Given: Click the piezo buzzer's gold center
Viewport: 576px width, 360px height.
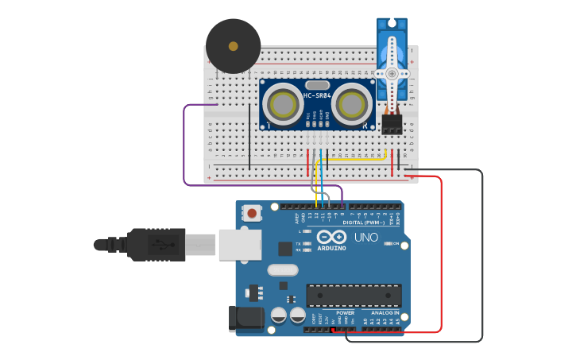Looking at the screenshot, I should [233, 46].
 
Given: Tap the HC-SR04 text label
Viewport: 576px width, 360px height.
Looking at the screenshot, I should [316, 96].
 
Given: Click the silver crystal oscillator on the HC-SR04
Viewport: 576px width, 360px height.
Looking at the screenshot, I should [316, 84].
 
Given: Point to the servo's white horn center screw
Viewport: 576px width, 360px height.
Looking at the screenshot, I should [392, 72].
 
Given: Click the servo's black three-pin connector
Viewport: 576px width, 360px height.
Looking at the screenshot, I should [392, 124].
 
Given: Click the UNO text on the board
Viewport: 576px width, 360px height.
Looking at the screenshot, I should [366, 237].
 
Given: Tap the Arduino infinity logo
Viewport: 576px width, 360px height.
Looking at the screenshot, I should [331, 236].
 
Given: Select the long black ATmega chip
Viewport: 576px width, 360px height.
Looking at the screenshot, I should [354, 295].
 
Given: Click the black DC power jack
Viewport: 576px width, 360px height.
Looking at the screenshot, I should [245, 319].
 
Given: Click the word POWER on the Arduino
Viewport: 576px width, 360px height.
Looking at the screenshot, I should [345, 312].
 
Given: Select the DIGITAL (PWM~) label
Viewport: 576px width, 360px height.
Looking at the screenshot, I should [364, 223].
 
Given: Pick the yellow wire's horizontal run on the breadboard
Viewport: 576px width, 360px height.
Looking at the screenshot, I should [353, 158].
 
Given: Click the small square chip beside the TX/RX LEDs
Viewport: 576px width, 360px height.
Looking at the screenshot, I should [284, 248].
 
